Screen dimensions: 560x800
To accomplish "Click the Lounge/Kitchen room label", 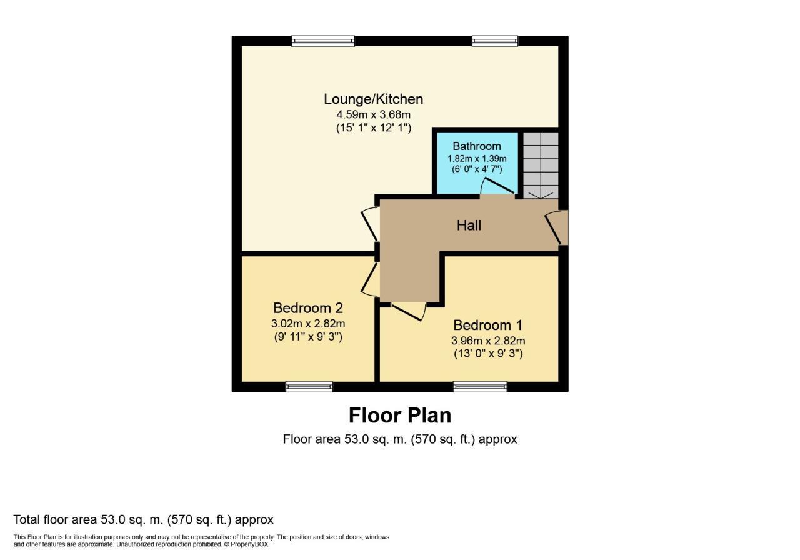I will [x=373, y=99].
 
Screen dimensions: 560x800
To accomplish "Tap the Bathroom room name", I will [x=476, y=146].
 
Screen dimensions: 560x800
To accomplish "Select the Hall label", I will [x=469, y=225].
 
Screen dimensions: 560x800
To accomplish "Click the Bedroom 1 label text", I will [x=487, y=325].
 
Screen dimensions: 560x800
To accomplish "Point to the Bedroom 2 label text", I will [x=308, y=308].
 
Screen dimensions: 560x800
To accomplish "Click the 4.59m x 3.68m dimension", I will [x=373, y=114].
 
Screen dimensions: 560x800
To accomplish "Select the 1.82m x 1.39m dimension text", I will [x=476, y=158].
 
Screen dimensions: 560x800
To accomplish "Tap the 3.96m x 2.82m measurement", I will [x=487, y=341].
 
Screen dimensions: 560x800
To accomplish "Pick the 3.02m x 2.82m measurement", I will [x=308, y=324].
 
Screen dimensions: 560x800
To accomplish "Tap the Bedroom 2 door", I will [x=369, y=279].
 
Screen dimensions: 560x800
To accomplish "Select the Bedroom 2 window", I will [x=309, y=387].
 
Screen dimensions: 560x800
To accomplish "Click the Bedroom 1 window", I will [x=480, y=387].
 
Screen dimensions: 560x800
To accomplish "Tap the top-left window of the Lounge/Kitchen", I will [x=322, y=41].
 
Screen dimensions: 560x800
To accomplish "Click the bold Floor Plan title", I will [x=399, y=416].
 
